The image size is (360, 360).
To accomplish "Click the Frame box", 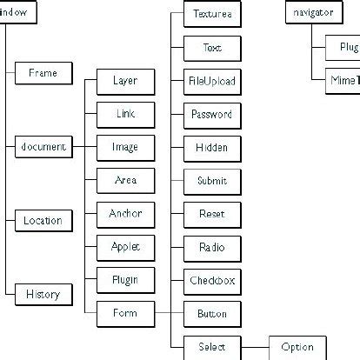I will coord(43,73).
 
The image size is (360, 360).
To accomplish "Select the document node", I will coord(43,147).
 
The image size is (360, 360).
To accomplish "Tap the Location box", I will coord(43,221).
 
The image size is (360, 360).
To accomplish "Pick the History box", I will coord(43,295).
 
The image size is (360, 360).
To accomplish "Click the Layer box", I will coord(125,81).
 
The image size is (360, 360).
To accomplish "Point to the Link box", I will coord(125,114).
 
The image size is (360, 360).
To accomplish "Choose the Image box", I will coord(125,147).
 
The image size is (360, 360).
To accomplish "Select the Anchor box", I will coord(125,214).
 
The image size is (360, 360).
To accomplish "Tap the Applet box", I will coord(125,247).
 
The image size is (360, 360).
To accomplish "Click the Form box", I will coord(125,313).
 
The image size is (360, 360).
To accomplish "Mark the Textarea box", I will coord(212,15).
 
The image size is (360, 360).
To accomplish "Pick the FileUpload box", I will coord(212,81).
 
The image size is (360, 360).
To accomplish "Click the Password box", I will coord(212,114).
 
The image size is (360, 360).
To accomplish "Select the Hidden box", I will coord(212,147).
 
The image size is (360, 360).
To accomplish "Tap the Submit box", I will coord(212,181).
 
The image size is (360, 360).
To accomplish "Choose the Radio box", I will coord(212,247).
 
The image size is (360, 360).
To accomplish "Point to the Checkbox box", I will coord(212,280).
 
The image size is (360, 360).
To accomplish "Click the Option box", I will coord(297,347).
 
